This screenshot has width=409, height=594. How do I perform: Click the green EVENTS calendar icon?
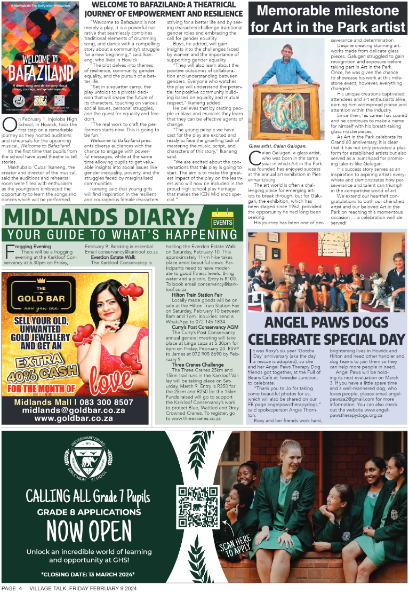click(222, 220)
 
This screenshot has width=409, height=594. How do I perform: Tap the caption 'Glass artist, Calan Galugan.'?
click(278, 146)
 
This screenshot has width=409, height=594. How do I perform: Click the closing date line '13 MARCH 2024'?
click(88, 574)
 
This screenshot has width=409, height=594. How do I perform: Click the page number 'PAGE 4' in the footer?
click(11, 589)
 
